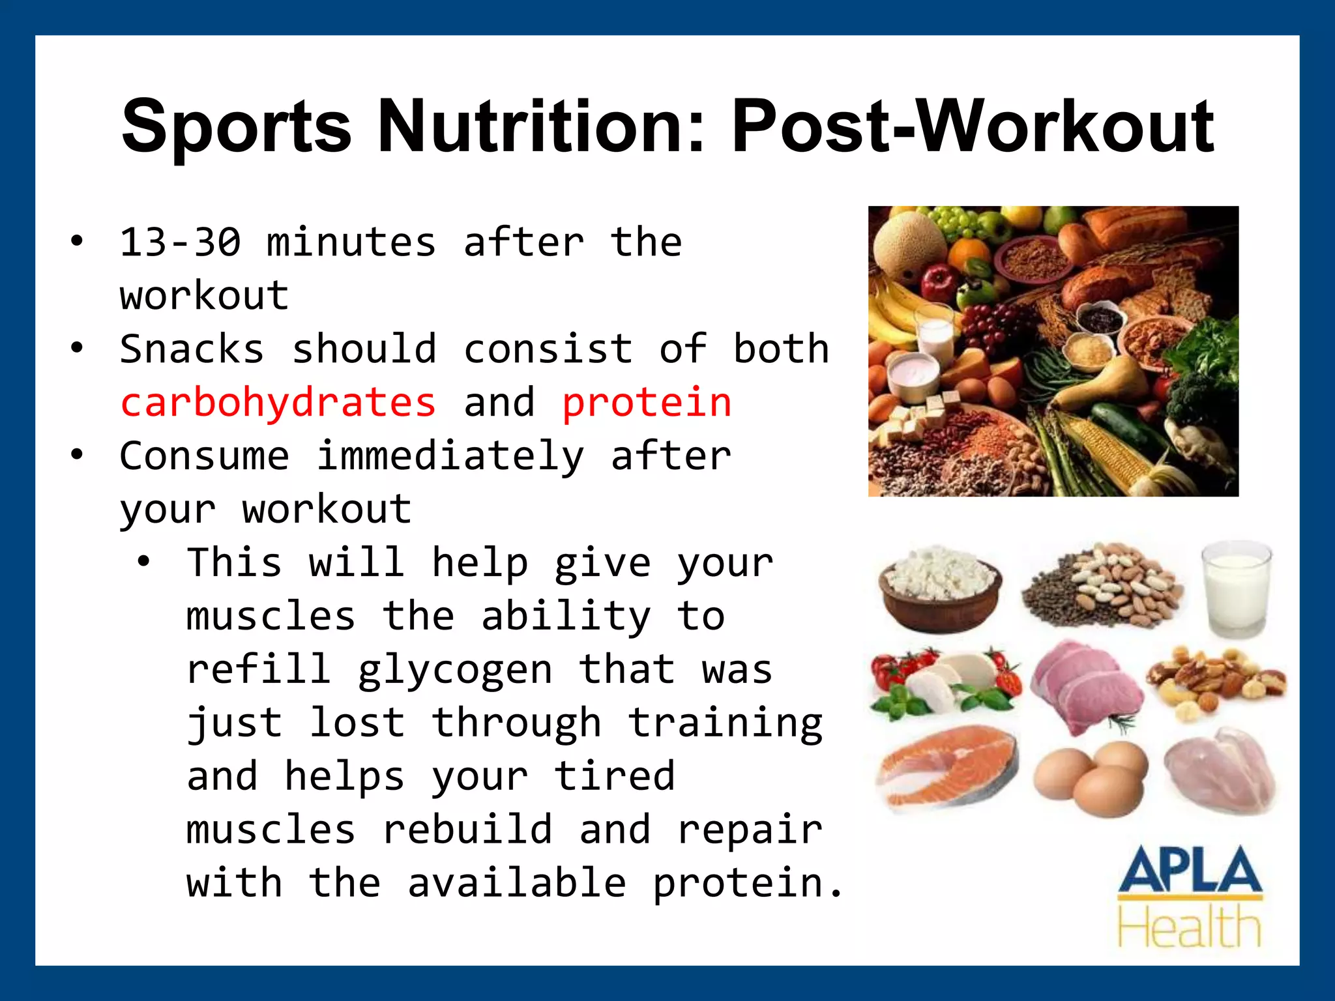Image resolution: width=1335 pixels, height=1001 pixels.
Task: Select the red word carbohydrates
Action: click(x=278, y=402)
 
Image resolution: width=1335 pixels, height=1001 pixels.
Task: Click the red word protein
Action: click(x=647, y=402)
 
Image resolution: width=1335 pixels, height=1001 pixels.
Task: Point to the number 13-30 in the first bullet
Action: click(x=181, y=242)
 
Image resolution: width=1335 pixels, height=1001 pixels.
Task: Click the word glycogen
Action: click(x=455, y=670)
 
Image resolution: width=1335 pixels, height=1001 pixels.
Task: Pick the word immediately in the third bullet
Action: click(x=450, y=456)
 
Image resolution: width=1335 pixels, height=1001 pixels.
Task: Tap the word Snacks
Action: click(x=192, y=349)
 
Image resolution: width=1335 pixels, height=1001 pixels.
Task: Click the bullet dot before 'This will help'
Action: click(x=144, y=561)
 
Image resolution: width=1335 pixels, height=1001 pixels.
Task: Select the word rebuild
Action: click(x=467, y=830)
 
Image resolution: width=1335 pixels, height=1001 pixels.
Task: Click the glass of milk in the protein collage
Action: click(x=1236, y=589)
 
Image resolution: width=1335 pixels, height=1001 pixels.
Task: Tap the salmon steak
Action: click(x=945, y=769)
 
